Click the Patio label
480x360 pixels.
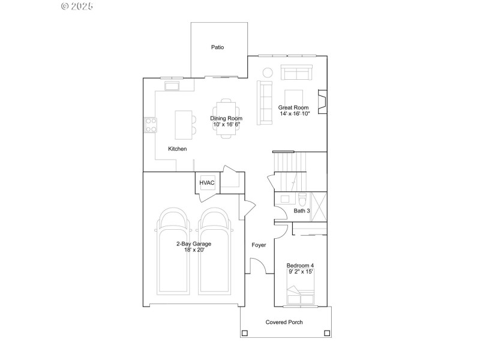217,47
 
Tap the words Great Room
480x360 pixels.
293,107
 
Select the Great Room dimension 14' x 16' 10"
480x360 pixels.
294,113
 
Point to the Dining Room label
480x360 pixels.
226,119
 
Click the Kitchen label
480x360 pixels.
177,149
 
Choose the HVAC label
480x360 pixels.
207,183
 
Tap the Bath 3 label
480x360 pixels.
302,211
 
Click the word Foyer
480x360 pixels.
259,245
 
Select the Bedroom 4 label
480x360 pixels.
300,265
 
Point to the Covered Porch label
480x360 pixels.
284,322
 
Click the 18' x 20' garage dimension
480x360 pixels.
193,250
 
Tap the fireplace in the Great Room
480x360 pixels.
322,102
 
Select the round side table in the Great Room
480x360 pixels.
268,73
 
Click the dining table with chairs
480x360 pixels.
226,118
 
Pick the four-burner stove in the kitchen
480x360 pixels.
150,125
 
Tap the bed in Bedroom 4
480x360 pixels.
301,295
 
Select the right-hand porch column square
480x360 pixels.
326,332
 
